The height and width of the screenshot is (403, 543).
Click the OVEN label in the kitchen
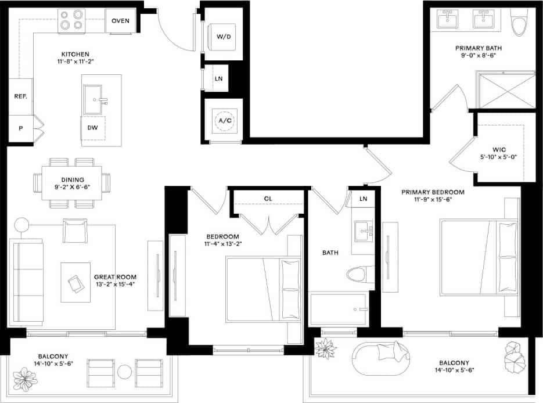(120, 21)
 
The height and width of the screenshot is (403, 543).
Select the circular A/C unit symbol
(224, 121)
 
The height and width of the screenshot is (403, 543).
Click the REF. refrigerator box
(20, 96)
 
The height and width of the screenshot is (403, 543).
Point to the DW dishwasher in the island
(93, 128)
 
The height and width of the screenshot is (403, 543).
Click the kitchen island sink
(94, 100)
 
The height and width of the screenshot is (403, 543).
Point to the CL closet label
(268, 199)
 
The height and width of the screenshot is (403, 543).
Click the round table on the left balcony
(125, 372)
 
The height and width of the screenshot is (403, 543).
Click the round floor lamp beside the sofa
(21, 225)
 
